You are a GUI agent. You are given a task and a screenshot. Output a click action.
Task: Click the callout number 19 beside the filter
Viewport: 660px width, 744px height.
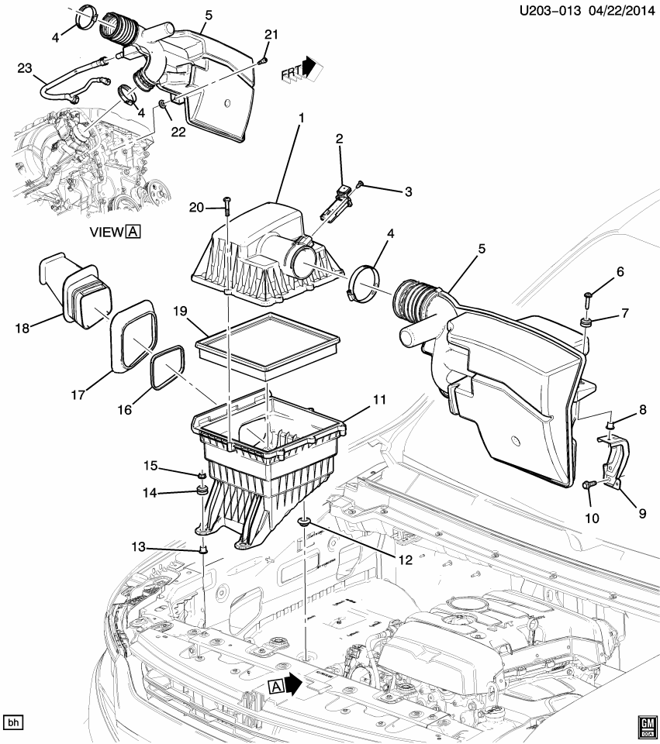pyautogui.click(x=180, y=312)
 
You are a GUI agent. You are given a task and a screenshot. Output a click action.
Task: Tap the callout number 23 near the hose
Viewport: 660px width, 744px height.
pyautogui.click(x=24, y=68)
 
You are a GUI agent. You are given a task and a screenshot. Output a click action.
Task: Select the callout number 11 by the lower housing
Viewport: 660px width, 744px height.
pyautogui.click(x=378, y=400)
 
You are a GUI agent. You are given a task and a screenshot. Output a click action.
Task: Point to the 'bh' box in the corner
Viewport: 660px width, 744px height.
pyautogui.click(x=13, y=722)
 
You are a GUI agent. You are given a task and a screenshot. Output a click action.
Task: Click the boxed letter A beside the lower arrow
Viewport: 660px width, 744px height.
pyautogui.click(x=277, y=686)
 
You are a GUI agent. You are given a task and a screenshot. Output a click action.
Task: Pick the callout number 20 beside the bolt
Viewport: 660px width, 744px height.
pyautogui.click(x=197, y=207)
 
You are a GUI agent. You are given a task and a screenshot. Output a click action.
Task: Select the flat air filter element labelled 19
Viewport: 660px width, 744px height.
pyautogui.click(x=268, y=340)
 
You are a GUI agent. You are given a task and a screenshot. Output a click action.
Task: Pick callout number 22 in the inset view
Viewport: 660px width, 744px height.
pyautogui.click(x=179, y=133)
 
